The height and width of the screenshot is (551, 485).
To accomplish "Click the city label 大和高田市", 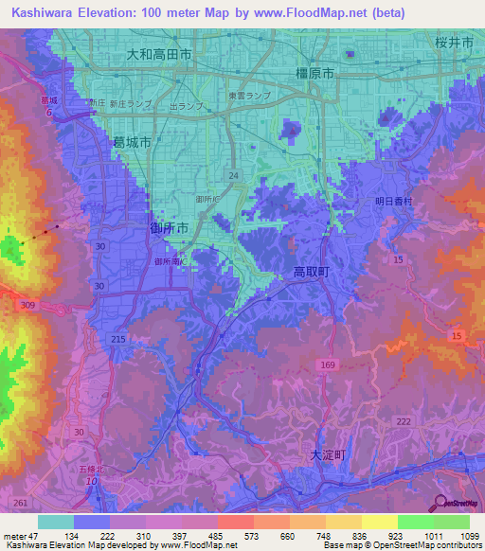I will [159, 56].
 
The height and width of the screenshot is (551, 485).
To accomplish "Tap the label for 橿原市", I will [314, 73].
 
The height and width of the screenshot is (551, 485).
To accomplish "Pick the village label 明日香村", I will [395, 201].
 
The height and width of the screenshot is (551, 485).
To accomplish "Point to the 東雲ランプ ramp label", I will [249, 96].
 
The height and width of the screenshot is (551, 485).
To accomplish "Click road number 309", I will [29, 304].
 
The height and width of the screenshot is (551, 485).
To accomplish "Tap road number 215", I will [118, 339].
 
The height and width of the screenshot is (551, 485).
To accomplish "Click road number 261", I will [21, 503].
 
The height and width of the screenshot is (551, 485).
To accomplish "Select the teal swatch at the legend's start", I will [55, 522].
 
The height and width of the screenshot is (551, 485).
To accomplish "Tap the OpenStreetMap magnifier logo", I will [441, 503].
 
